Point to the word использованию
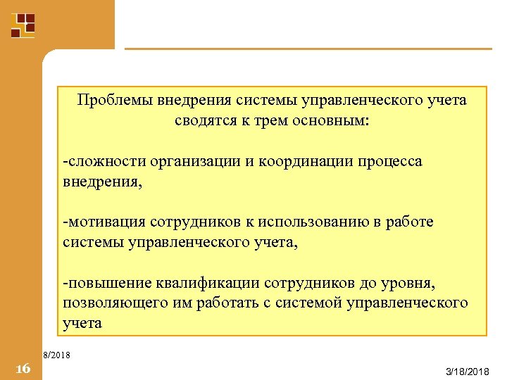click(x=314, y=222)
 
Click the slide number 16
click(x=22, y=369)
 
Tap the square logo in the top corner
click(x=23, y=25)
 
